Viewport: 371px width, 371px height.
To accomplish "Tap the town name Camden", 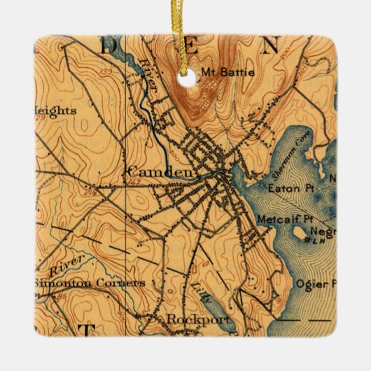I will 150,171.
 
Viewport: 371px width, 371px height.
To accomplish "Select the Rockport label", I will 189,318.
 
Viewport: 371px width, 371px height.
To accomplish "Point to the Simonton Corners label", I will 89,283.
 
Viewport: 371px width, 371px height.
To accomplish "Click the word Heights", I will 52,110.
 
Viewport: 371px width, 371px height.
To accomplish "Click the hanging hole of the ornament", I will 185,72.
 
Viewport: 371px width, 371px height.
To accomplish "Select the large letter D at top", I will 113,48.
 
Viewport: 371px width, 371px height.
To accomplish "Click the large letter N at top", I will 269,46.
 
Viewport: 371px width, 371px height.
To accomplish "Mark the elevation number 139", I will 106,72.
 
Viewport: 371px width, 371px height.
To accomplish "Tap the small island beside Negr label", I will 302,233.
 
